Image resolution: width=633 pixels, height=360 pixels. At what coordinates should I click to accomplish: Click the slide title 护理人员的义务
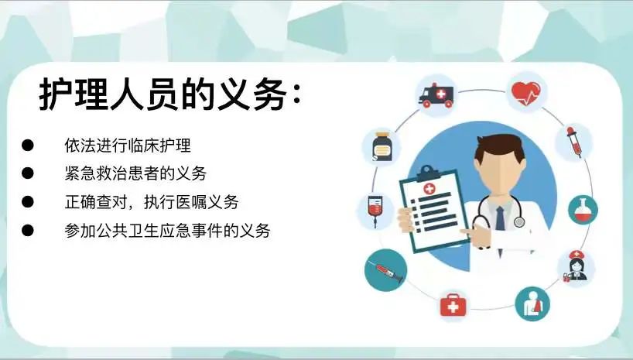tap(169, 94)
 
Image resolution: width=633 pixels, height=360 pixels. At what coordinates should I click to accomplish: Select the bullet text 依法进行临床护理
tap(128, 146)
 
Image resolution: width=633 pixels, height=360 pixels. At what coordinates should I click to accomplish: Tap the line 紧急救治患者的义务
tap(135, 173)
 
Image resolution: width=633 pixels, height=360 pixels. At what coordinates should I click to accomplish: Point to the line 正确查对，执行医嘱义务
tap(152, 202)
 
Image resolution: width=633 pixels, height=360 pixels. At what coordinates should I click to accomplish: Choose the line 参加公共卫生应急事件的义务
tap(167, 231)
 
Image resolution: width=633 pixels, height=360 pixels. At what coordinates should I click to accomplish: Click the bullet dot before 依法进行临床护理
tap(27, 145)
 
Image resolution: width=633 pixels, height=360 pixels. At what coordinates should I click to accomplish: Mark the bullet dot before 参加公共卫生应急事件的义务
tap(27, 230)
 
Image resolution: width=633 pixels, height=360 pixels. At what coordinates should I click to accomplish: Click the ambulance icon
tap(436, 95)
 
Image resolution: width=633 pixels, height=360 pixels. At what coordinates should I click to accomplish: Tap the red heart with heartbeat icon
tap(525, 94)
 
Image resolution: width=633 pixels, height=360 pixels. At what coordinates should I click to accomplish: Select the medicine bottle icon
tap(382, 146)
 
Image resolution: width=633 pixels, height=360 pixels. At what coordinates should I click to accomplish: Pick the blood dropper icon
tap(573, 142)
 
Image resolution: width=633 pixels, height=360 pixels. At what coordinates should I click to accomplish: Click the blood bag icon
tap(375, 210)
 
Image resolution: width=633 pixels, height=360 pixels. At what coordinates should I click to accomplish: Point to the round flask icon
tap(583, 210)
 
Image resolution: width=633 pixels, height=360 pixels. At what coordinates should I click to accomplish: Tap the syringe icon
tap(385, 270)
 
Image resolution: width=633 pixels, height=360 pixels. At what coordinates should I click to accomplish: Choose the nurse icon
tap(576, 267)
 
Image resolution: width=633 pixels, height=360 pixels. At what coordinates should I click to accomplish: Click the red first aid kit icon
tap(453, 306)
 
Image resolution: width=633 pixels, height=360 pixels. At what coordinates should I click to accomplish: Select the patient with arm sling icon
tap(532, 303)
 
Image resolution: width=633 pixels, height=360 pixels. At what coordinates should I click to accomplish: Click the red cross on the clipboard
tap(429, 189)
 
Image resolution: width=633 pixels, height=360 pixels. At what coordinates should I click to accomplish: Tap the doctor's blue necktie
tap(500, 218)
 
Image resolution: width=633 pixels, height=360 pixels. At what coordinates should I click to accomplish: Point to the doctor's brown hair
tap(500, 146)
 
